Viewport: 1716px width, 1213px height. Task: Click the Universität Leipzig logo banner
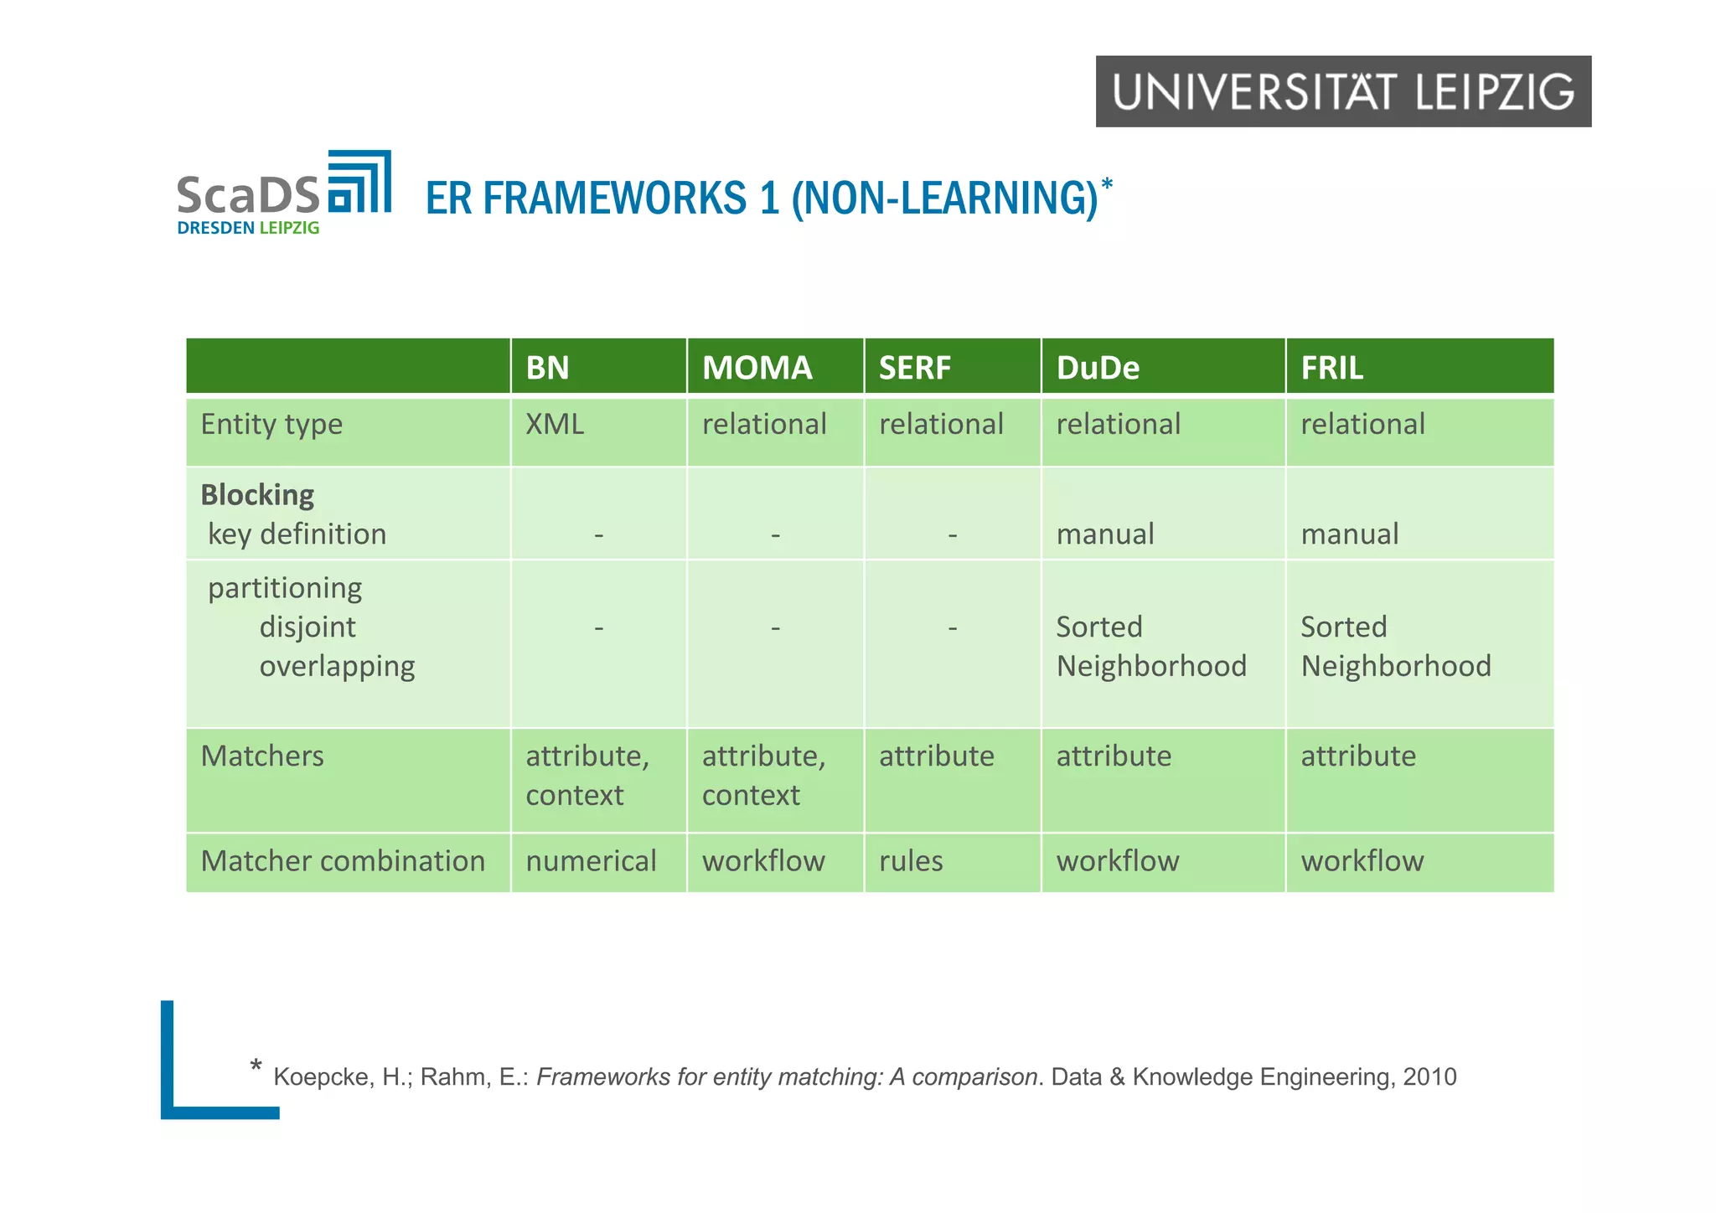pyautogui.click(x=1342, y=91)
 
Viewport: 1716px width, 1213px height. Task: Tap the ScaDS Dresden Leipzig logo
pyautogui.click(x=283, y=193)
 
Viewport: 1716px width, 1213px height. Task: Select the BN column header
pyautogui.click(x=547, y=368)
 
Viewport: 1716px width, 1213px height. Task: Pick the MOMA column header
pyautogui.click(x=757, y=368)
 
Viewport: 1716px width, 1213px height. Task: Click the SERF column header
pyautogui.click(x=914, y=368)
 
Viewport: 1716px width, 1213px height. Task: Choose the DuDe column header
pyautogui.click(x=1098, y=368)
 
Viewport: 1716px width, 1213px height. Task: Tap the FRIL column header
pyautogui.click(x=1331, y=368)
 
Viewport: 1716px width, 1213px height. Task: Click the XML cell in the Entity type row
pyautogui.click(x=554, y=424)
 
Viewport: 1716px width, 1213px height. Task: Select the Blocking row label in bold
pyautogui.click(x=257, y=494)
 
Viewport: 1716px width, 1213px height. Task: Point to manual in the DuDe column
pyautogui.click(x=1104, y=534)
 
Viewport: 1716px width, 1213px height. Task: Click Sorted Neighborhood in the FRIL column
pyautogui.click(x=1395, y=646)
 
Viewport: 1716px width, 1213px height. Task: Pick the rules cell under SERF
pyautogui.click(x=911, y=860)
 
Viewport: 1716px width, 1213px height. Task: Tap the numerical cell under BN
pyautogui.click(x=591, y=860)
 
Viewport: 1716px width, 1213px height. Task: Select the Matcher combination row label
pyautogui.click(x=343, y=860)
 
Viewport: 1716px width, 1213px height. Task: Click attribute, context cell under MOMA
pyautogui.click(x=763, y=775)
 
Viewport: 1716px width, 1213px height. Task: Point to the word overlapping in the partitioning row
pyautogui.click(x=337, y=666)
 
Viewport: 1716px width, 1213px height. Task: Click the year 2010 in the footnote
pyautogui.click(x=1429, y=1076)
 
